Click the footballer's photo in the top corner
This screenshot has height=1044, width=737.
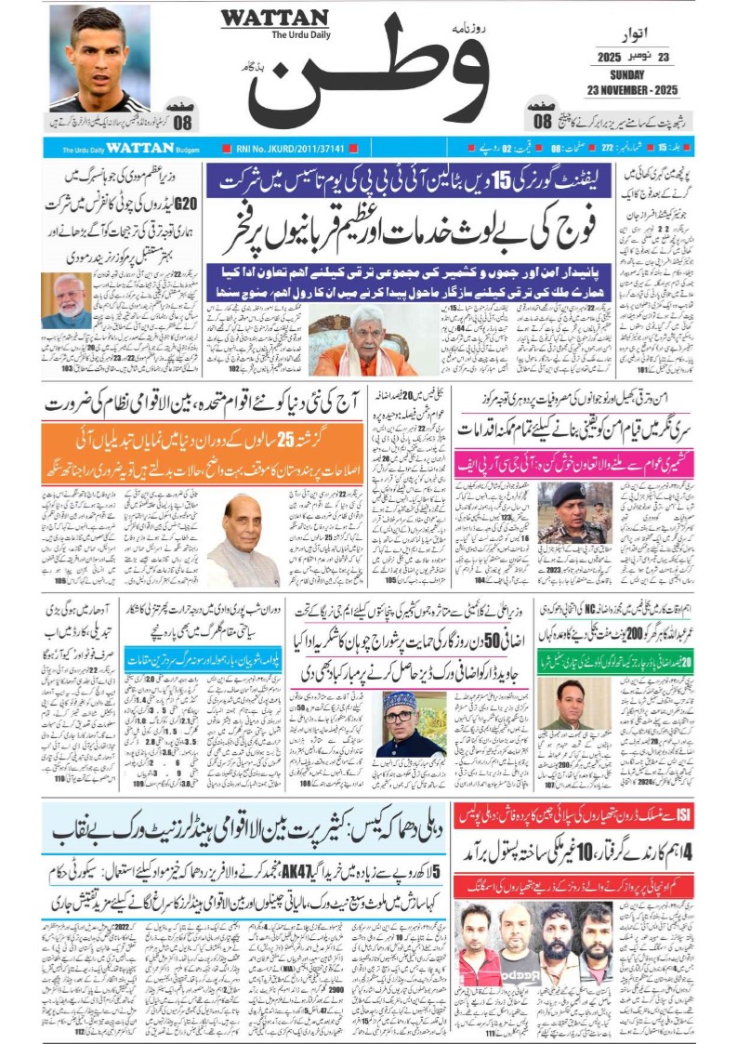click(99, 58)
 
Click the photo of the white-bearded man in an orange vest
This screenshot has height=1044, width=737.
click(66, 300)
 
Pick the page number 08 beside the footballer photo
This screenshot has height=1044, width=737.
click(183, 120)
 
